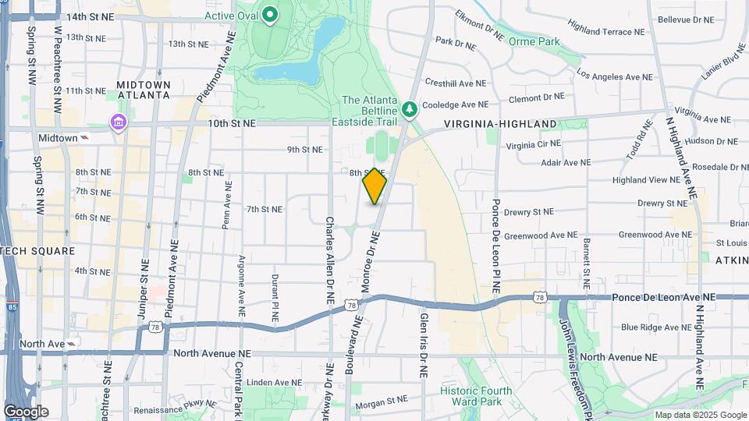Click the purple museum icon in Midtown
click(x=118, y=122)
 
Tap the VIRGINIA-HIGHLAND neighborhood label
click(x=500, y=124)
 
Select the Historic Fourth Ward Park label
click(x=476, y=396)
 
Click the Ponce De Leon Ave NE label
click(x=663, y=297)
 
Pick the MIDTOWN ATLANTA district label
click(x=143, y=90)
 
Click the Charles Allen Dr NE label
click(x=330, y=260)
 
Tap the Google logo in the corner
click(x=26, y=412)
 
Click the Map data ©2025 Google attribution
click(x=700, y=415)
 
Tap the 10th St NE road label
click(x=232, y=123)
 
